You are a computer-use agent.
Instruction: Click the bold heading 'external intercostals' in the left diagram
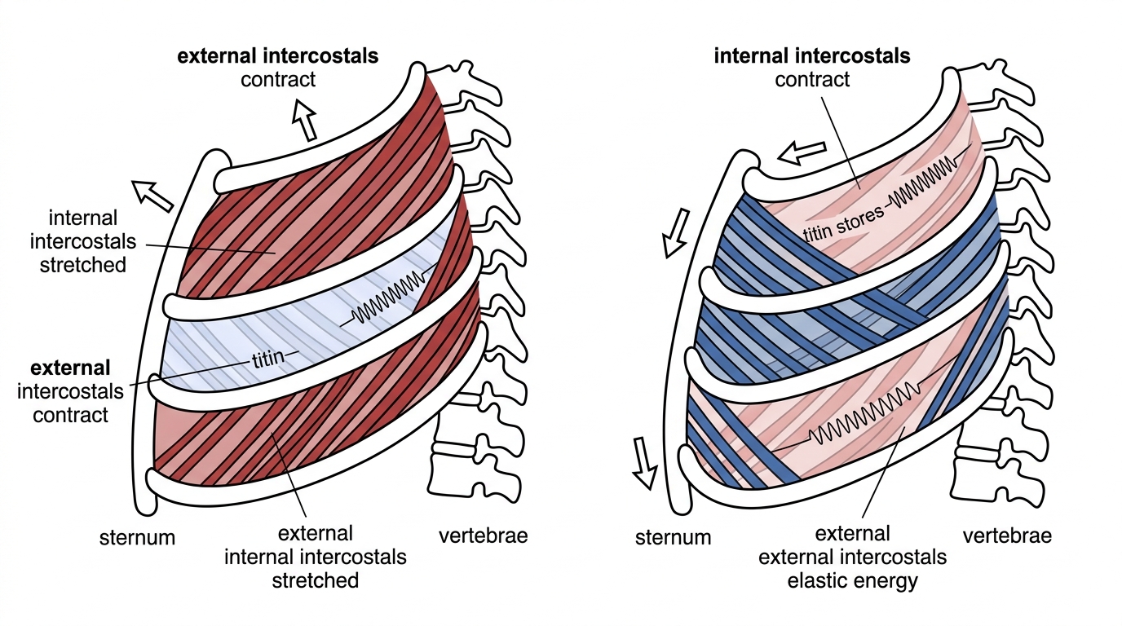tap(278, 56)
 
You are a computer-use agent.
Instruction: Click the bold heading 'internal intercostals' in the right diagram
tap(812, 56)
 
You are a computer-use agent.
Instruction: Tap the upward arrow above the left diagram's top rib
tap(304, 120)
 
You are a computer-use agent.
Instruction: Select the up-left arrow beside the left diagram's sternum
tap(152, 196)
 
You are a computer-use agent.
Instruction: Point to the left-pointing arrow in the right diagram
tap(802, 152)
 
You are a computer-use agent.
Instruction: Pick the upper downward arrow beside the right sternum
tap(677, 234)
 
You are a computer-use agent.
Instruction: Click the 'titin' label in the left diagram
tap(268, 358)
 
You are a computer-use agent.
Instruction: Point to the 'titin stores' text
tap(843, 224)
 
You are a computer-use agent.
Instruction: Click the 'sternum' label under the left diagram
tap(137, 537)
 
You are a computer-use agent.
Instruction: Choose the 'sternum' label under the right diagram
tap(674, 537)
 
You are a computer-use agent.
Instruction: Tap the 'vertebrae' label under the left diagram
tap(484, 536)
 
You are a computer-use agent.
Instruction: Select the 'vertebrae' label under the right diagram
tap(1007, 536)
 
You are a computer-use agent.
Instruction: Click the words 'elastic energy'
tap(853, 581)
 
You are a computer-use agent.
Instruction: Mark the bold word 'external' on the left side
tap(70, 368)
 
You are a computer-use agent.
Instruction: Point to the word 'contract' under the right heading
tap(812, 79)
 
